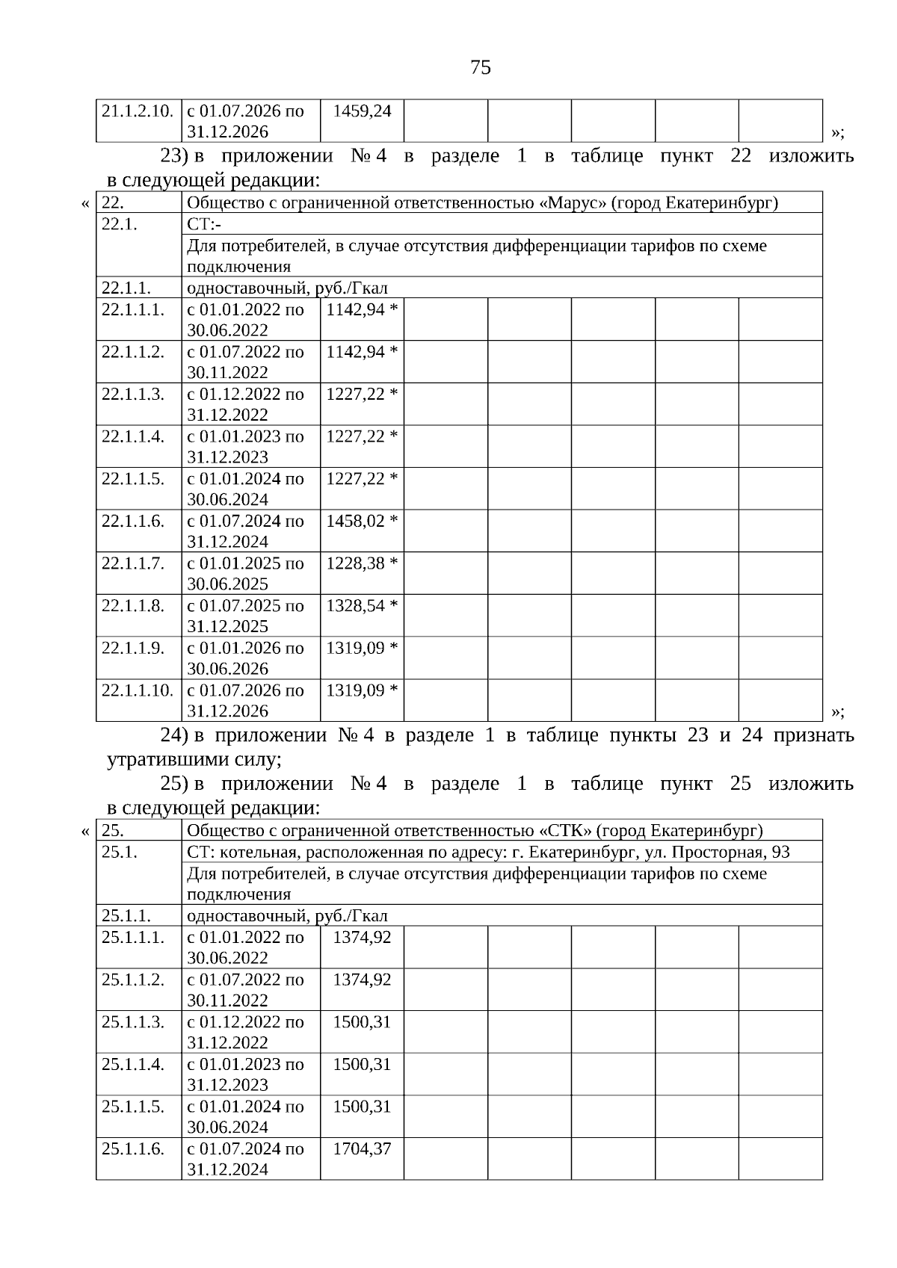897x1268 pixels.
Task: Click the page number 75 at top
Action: (481, 68)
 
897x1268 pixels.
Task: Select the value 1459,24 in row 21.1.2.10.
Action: (362, 111)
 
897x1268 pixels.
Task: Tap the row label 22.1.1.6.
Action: (133, 521)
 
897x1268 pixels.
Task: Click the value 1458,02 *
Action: (362, 521)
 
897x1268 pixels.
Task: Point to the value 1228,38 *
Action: (362, 563)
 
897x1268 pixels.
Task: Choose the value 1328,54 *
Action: (362, 605)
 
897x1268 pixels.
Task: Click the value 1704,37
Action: (362, 1148)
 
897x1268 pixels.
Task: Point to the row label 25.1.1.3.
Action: (133, 1021)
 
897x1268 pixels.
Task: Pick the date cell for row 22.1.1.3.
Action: (246, 404)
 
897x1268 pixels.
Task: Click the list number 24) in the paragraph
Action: (174, 736)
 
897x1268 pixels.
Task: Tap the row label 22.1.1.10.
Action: (138, 690)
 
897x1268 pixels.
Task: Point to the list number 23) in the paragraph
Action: (174, 156)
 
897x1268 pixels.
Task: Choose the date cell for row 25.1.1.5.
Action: (246, 1116)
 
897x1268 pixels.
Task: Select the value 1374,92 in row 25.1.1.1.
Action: (362, 937)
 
